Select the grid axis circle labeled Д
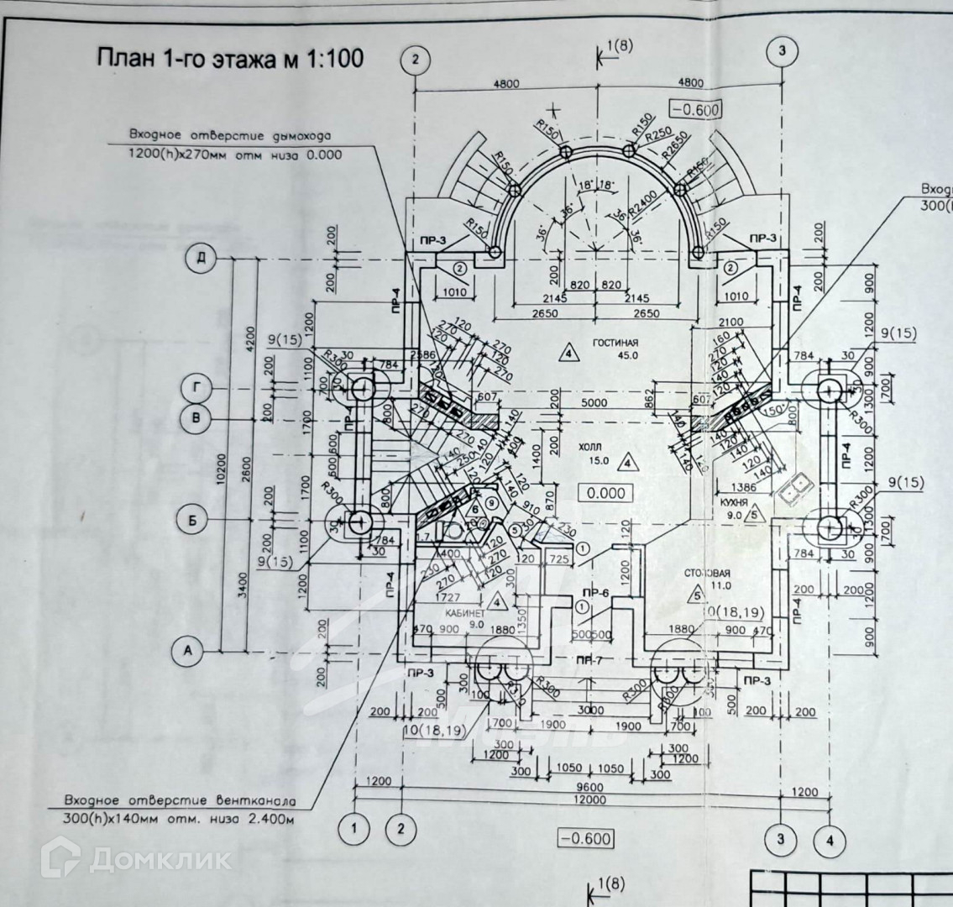click(x=201, y=259)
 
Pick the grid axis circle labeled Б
click(x=192, y=521)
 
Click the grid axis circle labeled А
click(x=188, y=650)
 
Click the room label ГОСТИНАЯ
click(x=615, y=343)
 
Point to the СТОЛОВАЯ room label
click(x=707, y=572)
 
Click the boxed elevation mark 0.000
click(x=606, y=493)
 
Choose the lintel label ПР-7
click(x=590, y=660)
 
